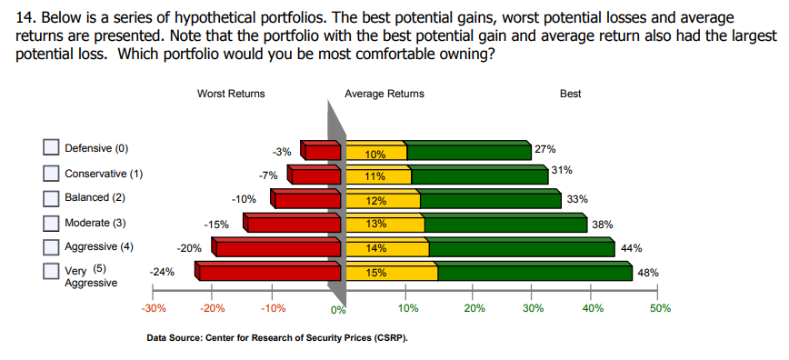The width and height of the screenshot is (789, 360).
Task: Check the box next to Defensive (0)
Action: tap(52, 148)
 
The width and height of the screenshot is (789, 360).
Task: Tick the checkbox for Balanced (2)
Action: tap(52, 197)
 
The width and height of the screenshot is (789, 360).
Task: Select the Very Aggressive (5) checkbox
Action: tap(52, 271)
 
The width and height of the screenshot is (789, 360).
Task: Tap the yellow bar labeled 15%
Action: tap(389, 272)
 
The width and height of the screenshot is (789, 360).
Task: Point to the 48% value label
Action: tap(648, 272)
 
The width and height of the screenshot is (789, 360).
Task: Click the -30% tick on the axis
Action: tap(153, 308)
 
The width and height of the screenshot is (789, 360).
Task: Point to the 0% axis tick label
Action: tap(338, 310)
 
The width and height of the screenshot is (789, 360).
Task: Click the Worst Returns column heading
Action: tap(231, 94)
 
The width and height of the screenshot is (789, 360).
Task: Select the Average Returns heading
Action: tap(384, 94)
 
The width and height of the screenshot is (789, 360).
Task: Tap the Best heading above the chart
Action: tap(571, 94)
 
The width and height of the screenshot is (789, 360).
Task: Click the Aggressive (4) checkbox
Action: tap(52, 246)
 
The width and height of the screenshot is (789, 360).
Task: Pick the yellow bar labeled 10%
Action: tap(375, 154)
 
